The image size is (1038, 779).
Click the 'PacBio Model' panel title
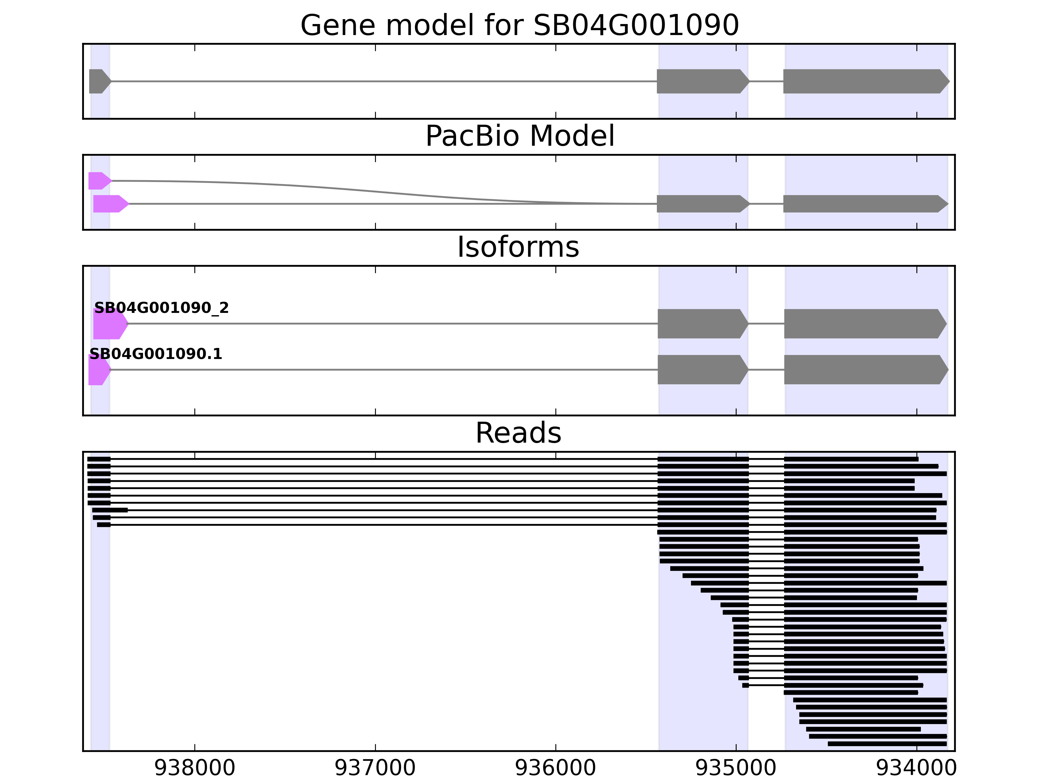(519, 136)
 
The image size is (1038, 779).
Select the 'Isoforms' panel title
(518, 247)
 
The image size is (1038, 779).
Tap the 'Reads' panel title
(518, 433)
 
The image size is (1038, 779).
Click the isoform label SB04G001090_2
(162, 308)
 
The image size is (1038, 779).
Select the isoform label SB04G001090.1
(156, 354)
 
